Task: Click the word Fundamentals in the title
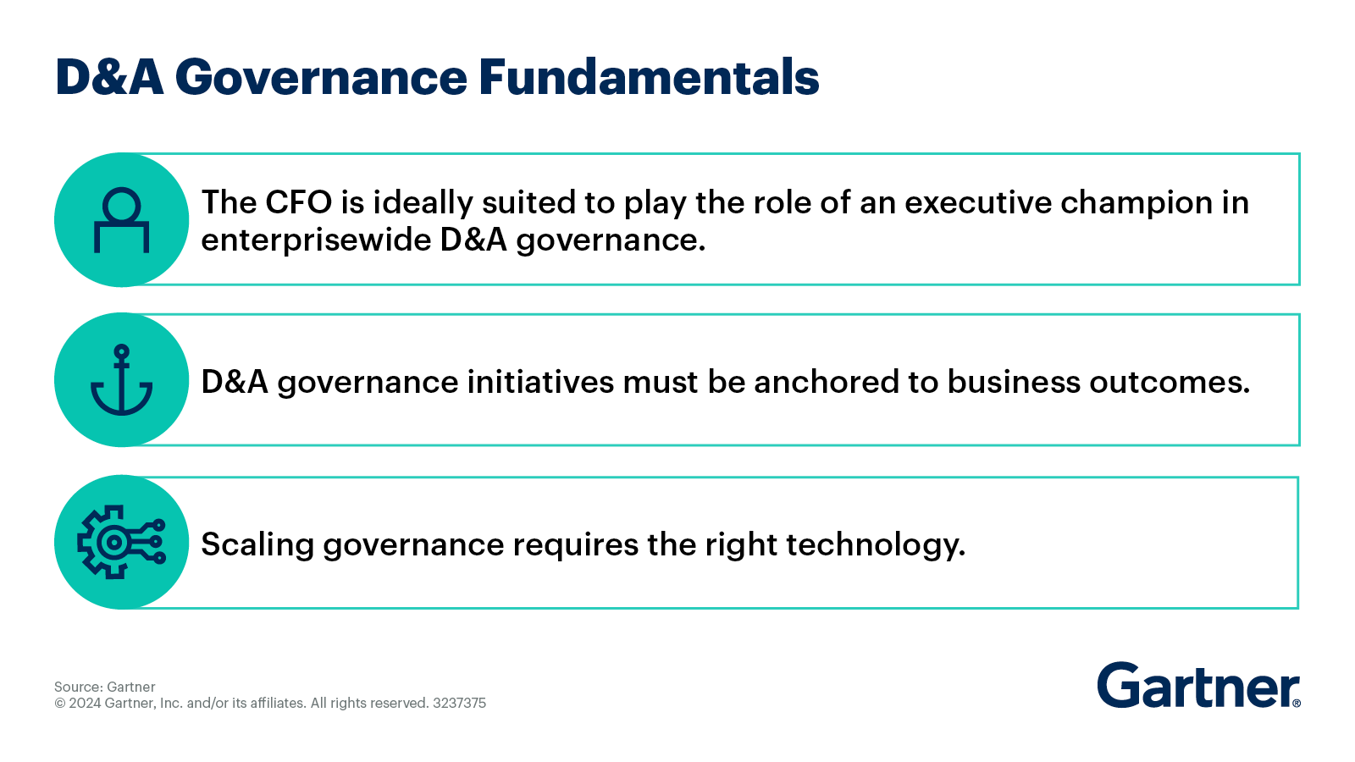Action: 649,77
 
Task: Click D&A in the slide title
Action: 109,77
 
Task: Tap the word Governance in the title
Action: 321,77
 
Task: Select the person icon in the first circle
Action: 122,220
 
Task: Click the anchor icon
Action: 122,380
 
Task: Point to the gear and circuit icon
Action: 121,542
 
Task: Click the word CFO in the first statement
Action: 299,202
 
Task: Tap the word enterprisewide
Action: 316,240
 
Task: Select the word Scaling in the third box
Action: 257,544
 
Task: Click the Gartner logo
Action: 1197,686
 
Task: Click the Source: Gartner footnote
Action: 105,687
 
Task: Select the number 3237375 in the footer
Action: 459,703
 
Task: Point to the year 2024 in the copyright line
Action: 85,703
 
